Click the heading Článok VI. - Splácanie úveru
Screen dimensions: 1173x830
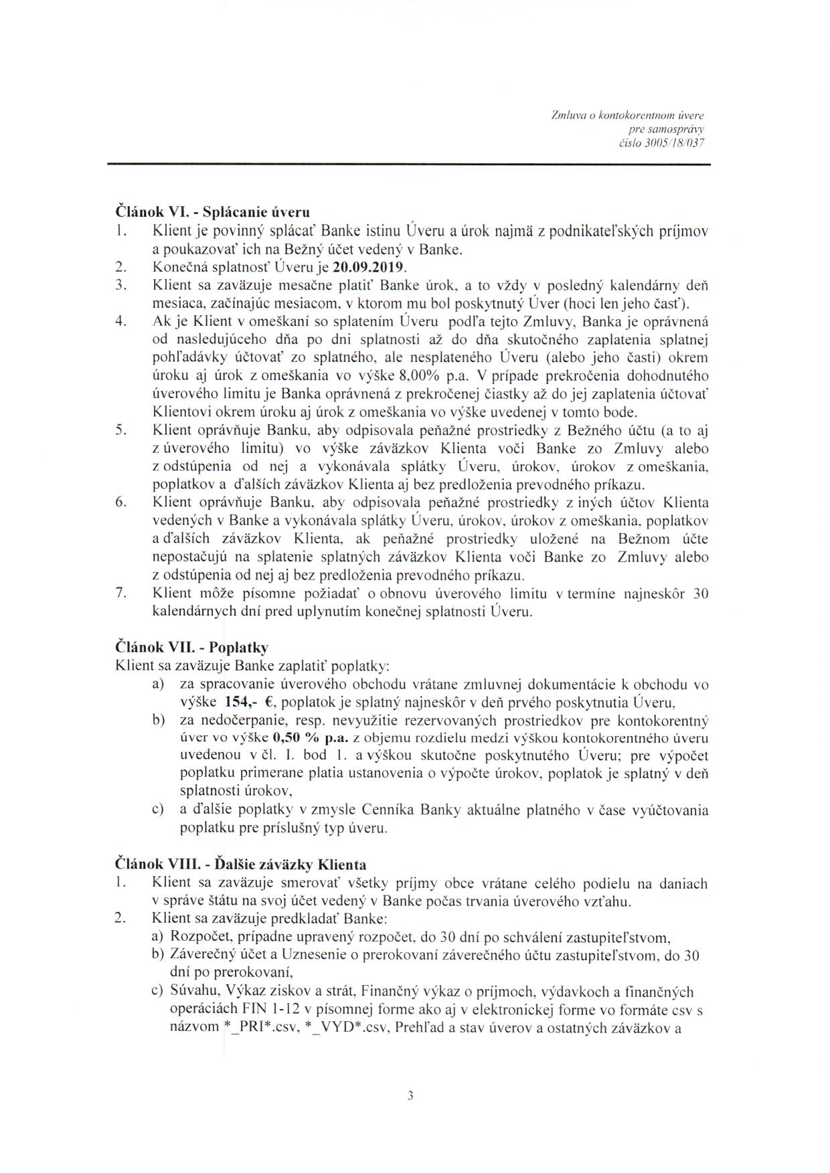(213, 213)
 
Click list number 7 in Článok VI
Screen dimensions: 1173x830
(120, 593)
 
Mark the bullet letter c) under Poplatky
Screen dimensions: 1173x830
(159, 810)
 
